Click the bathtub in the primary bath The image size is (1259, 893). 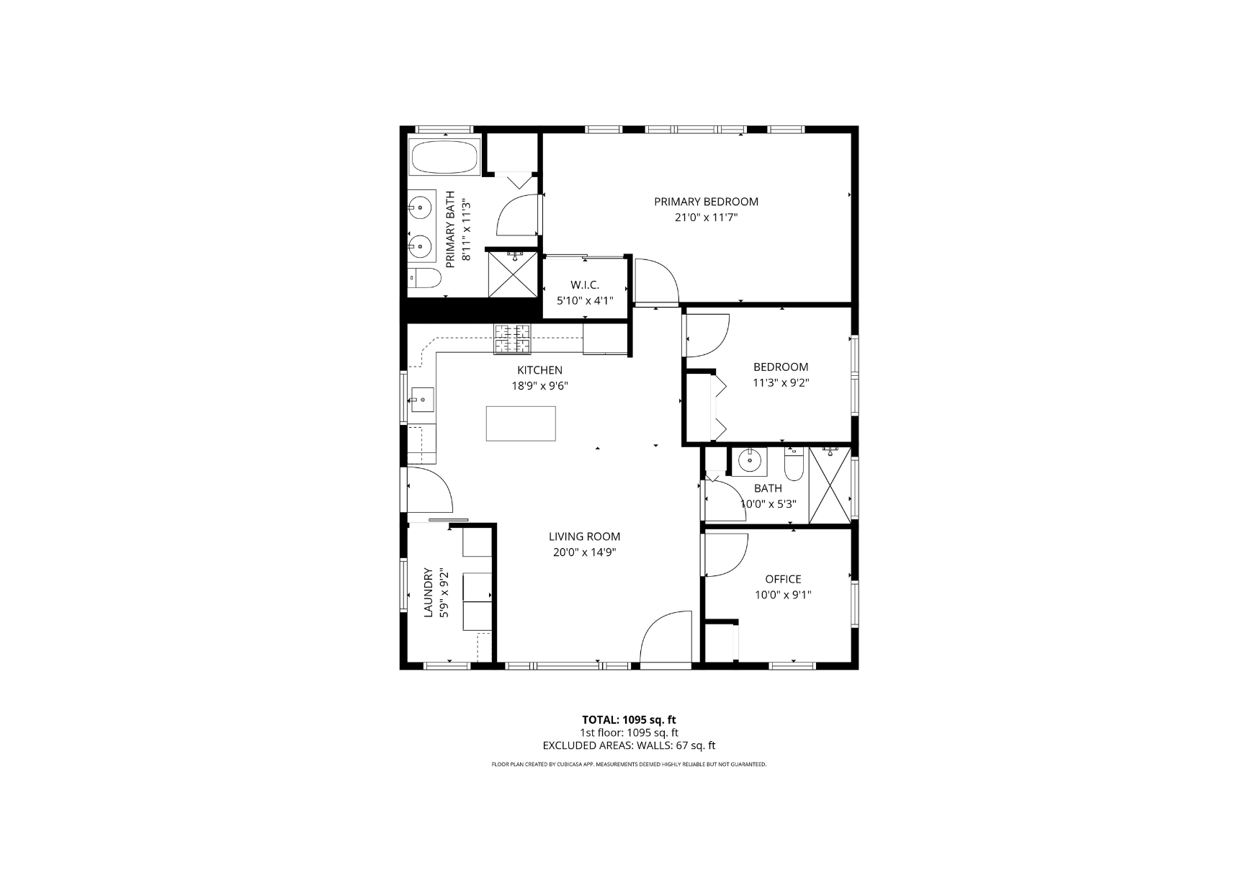click(444, 156)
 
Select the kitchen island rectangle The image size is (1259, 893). click(521, 423)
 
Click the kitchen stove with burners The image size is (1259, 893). click(512, 339)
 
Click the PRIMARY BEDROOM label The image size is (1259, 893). click(706, 202)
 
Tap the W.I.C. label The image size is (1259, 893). click(585, 285)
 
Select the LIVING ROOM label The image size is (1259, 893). click(584, 537)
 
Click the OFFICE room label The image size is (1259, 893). click(783, 579)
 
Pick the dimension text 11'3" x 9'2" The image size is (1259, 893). click(781, 383)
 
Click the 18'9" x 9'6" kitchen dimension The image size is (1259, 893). click(540, 386)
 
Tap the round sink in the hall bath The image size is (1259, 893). click(751, 459)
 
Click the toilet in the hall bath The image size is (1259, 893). click(794, 465)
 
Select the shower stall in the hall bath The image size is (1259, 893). click(830, 485)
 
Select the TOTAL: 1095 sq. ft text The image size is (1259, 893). click(629, 719)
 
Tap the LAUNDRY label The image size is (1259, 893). click(428, 593)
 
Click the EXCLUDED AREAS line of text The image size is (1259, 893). click(629, 746)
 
